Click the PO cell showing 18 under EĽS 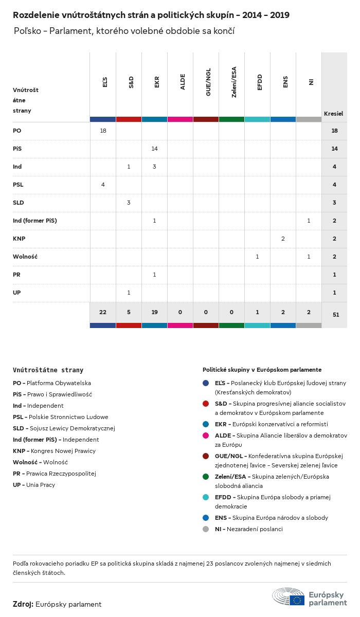click(x=103, y=131)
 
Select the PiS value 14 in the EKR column click(x=154, y=149)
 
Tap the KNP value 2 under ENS click(x=283, y=239)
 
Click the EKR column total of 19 click(x=154, y=313)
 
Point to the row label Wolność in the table click(x=25, y=257)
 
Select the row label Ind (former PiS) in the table click(x=35, y=221)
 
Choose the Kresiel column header click(x=333, y=113)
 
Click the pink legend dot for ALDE click(x=206, y=435)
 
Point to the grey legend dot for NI click(x=206, y=529)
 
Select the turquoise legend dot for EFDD click(x=206, y=497)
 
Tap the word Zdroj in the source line click(x=23, y=604)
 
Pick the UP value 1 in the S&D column click(x=129, y=293)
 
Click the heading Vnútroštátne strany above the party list click(x=48, y=370)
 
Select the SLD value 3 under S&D click(x=129, y=203)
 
